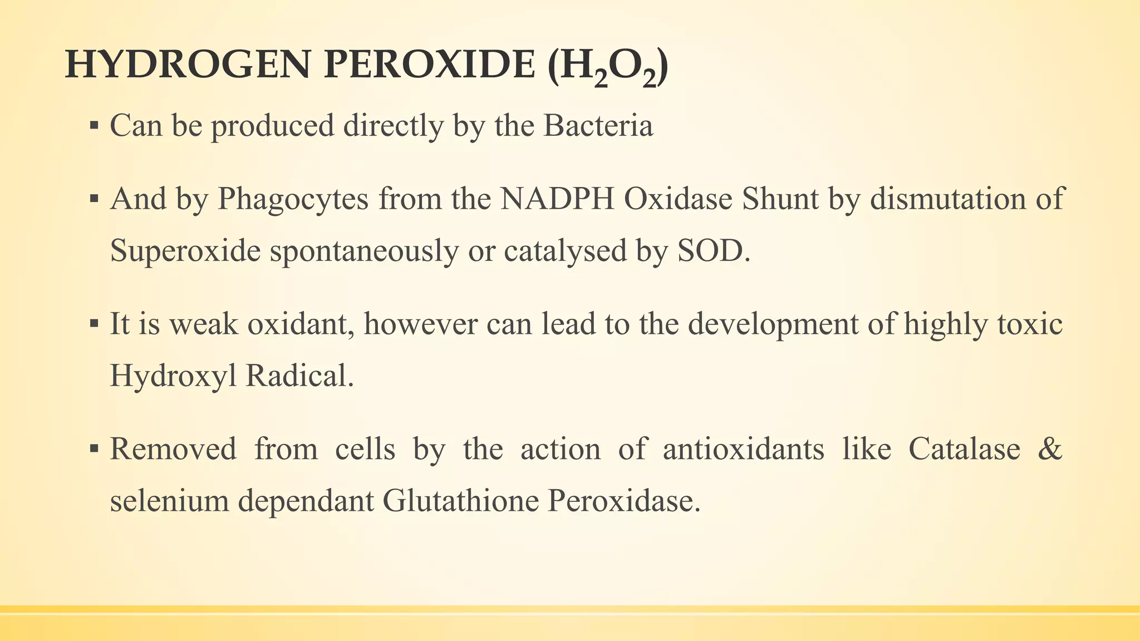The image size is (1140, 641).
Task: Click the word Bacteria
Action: [x=598, y=126]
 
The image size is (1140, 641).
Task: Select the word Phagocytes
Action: [x=293, y=199]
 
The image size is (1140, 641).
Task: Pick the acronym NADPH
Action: [x=557, y=199]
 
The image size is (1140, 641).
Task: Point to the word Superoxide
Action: [x=185, y=252]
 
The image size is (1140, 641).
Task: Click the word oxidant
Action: [x=303, y=324]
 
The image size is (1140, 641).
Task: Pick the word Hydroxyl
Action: [x=173, y=377]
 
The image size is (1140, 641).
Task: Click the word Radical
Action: [x=299, y=377]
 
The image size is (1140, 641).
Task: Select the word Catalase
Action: [x=964, y=449]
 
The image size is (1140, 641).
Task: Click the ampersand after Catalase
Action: [x=1050, y=449]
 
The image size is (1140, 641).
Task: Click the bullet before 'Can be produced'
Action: [x=94, y=126]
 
